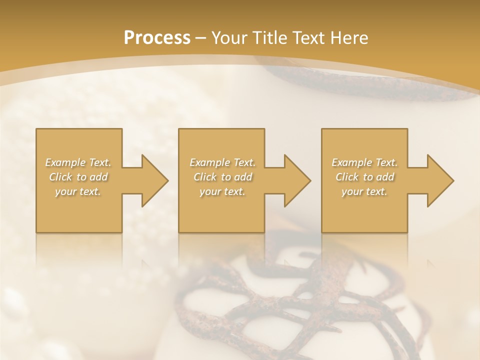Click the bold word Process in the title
click(x=157, y=38)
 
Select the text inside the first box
click(x=78, y=177)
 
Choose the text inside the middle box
click(x=222, y=177)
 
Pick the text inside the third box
click(x=364, y=177)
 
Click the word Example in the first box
click(x=64, y=162)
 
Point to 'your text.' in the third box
click(x=364, y=191)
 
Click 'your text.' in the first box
click(x=78, y=191)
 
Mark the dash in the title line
click(x=200, y=38)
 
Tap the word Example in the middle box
click(x=208, y=162)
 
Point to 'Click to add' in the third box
click(x=364, y=177)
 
